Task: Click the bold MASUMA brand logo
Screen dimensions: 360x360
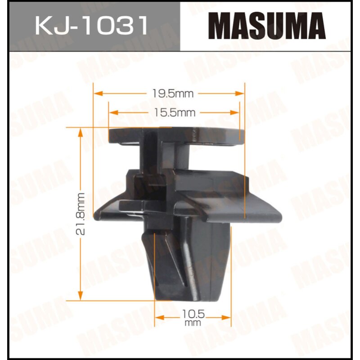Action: (269, 26)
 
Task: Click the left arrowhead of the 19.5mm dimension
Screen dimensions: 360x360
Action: (96, 94)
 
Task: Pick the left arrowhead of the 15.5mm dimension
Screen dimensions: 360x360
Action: (112, 112)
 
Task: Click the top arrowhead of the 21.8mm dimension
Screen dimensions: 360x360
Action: (81, 130)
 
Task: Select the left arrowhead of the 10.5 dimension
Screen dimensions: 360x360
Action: (158, 317)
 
